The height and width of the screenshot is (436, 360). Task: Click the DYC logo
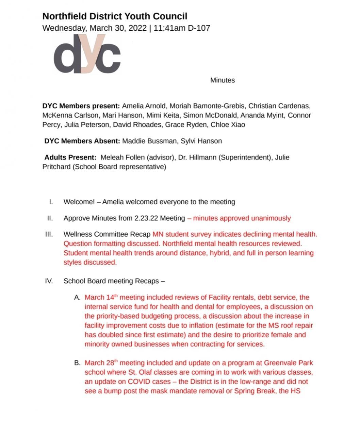[x=87, y=54]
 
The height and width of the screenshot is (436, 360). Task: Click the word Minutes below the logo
[x=222, y=80]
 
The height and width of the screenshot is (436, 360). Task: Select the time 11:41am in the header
[x=169, y=28]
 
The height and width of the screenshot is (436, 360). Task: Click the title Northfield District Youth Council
[x=115, y=16]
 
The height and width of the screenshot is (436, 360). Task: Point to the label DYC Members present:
[x=81, y=106]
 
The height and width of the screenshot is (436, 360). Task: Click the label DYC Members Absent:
[x=82, y=141]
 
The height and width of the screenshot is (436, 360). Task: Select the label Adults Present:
[x=70, y=157]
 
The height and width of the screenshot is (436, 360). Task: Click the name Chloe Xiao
[x=228, y=125]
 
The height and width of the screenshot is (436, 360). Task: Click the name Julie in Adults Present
[x=282, y=157]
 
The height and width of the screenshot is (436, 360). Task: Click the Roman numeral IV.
[x=49, y=281]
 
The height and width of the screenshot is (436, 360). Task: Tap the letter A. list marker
[x=77, y=297]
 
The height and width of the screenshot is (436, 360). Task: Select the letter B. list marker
[x=77, y=363]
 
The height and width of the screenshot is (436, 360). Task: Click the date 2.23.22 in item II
[x=146, y=218]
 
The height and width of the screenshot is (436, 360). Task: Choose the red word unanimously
[x=271, y=218]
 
